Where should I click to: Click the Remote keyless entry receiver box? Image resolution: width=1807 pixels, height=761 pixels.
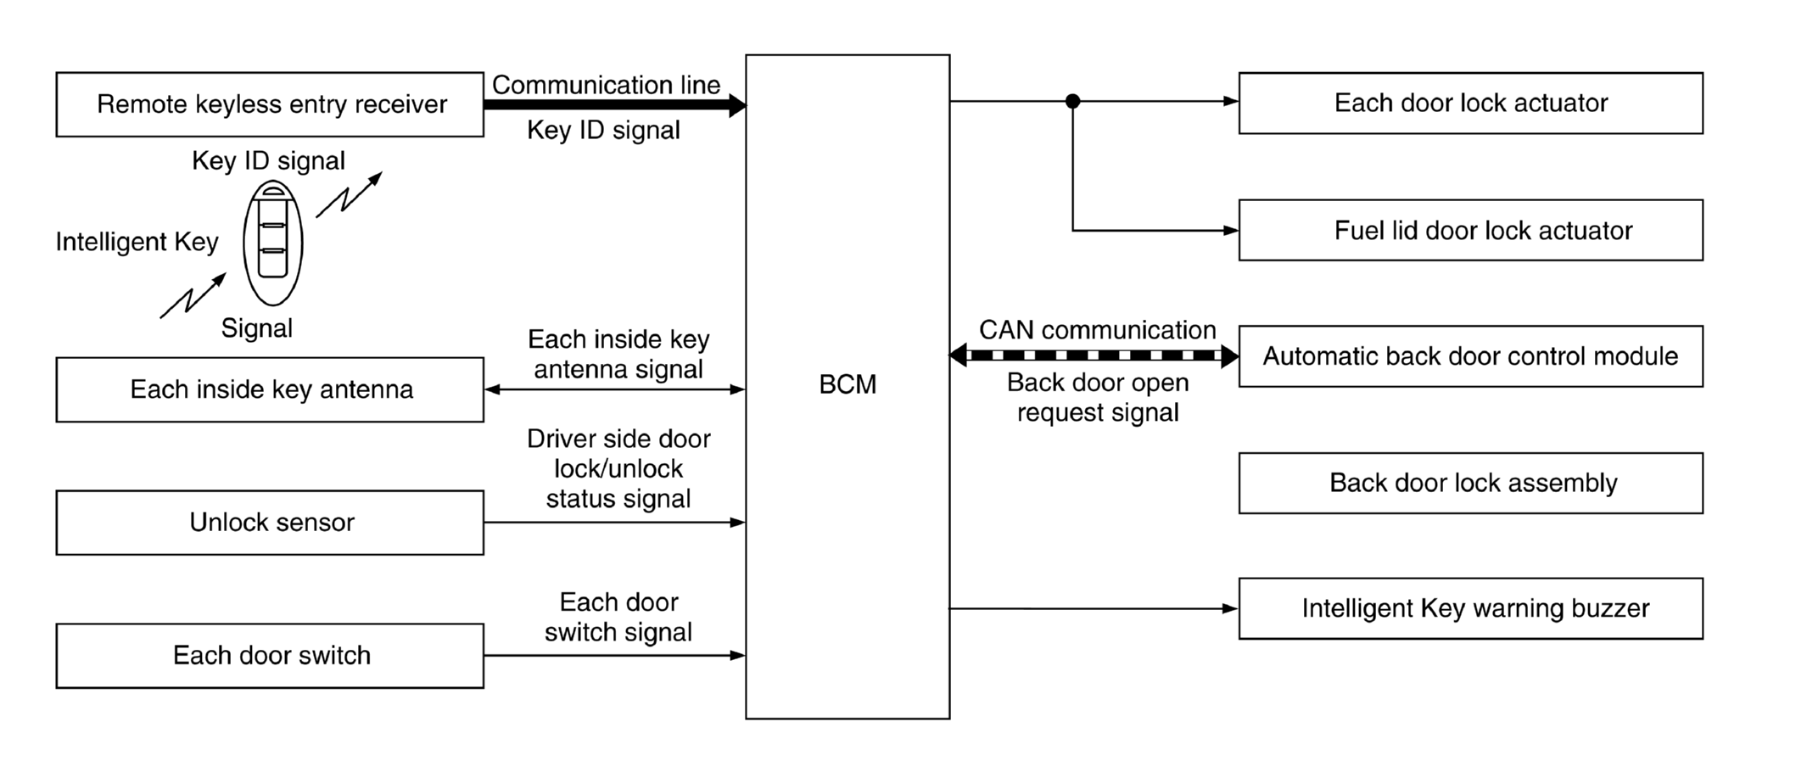tap(270, 104)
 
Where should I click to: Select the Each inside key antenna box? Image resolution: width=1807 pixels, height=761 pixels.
tap(270, 389)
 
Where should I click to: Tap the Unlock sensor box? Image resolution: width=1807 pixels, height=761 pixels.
tap(270, 523)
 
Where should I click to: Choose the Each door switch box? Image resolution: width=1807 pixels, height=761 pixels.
tap(270, 656)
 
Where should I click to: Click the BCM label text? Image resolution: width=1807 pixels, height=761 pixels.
tap(847, 385)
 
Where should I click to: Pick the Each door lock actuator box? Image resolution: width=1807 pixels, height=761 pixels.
tap(1469, 104)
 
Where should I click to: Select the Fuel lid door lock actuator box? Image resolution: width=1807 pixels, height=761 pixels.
tap(1469, 231)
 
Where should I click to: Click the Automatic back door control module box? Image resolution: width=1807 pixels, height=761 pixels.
tap(1469, 356)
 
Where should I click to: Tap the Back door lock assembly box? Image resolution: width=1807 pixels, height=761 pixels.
tap(1469, 483)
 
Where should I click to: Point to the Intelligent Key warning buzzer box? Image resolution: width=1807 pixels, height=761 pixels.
tap(1469, 608)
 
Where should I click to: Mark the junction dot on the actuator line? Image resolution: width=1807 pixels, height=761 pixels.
tap(1072, 102)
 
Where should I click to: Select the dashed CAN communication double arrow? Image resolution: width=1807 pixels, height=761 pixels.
tap(1094, 355)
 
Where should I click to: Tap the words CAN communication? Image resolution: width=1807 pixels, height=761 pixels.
tap(1097, 330)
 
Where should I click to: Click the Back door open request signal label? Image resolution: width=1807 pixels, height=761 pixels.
tap(1098, 398)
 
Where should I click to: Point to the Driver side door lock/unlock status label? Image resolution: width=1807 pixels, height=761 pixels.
tap(618, 468)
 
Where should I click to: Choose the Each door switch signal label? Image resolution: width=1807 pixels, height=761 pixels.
tap(618, 617)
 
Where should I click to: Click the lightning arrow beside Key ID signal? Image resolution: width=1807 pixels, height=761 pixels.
tap(349, 194)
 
